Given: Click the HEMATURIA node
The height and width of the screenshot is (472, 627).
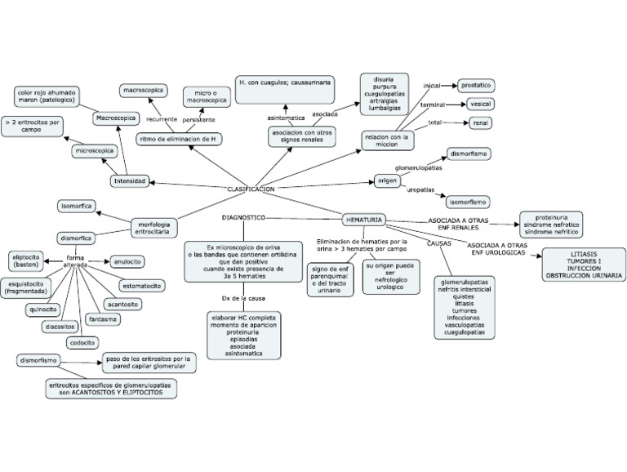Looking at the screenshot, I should click(363, 220).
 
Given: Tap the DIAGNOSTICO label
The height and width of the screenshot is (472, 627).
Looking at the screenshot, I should click(243, 218).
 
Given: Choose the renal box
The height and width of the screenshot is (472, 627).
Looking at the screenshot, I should click(481, 123).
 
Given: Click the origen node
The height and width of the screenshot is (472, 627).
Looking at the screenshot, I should click(386, 180).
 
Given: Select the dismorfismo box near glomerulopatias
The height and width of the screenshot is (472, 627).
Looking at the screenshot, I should click(469, 154).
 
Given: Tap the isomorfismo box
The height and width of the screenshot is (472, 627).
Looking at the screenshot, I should click(469, 201).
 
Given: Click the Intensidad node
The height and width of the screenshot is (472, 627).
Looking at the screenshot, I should click(130, 181).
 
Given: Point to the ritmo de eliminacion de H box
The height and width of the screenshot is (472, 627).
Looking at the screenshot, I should click(179, 139).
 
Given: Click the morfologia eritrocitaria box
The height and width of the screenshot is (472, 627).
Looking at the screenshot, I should click(153, 228).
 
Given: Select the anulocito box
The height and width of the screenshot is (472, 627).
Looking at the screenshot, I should click(127, 261).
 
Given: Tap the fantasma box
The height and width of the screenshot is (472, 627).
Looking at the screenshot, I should click(104, 318).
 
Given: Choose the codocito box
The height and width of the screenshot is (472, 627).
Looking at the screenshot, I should click(82, 343).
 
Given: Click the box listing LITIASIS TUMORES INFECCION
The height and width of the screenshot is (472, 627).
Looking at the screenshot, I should click(583, 266).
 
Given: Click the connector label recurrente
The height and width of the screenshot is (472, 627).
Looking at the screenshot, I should click(162, 118).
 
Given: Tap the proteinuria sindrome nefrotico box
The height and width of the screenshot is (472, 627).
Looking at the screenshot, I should click(551, 224).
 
